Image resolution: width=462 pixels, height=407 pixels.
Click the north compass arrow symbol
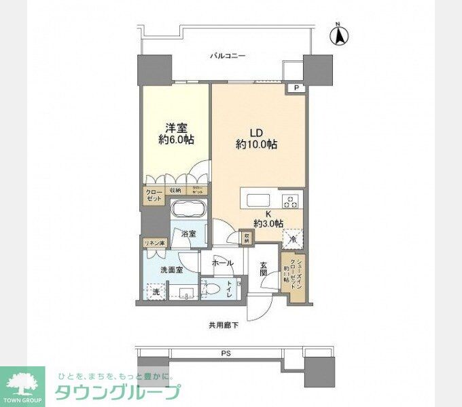(x=340, y=35)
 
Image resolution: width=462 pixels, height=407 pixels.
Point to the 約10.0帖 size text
(x=256, y=144)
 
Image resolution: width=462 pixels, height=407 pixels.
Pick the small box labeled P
(x=297, y=88)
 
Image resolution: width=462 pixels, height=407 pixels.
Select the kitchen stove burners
(x=291, y=201)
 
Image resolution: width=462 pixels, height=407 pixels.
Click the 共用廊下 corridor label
(x=224, y=326)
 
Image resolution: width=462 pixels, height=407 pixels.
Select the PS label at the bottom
(x=225, y=352)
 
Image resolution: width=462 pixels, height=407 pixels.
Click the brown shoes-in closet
(x=292, y=273)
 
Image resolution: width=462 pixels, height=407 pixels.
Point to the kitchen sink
(x=258, y=200)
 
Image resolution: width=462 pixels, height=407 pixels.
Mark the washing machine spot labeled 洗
(x=156, y=292)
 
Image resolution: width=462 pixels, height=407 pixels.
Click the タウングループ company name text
(x=117, y=392)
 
